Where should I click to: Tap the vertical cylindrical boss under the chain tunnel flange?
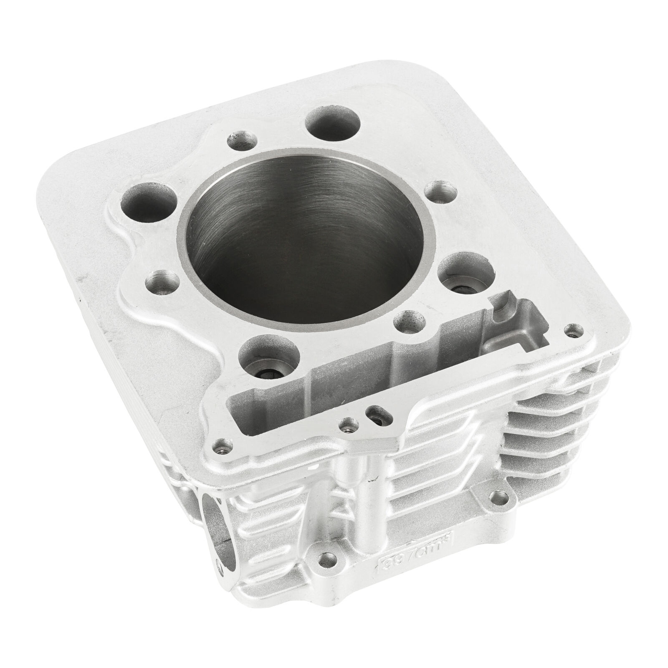click(x=362, y=493)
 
